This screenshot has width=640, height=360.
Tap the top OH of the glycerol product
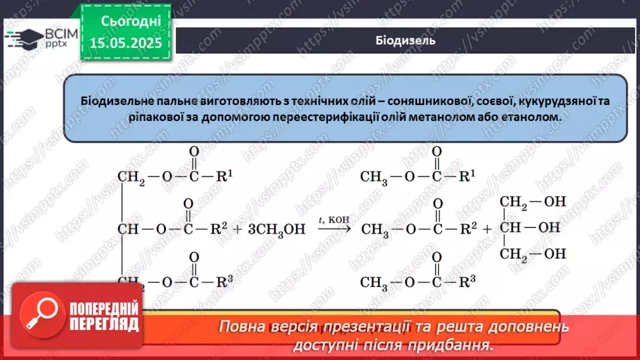click(x=555, y=202)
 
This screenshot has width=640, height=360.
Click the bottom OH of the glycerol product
click(x=555, y=254)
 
